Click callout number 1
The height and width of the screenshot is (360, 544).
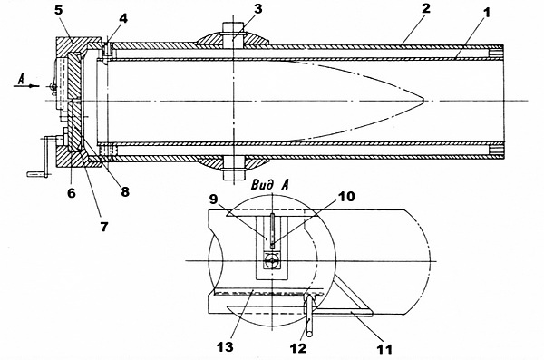click(x=487, y=14)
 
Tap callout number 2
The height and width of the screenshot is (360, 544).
click(x=426, y=8)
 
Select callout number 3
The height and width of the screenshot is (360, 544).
click(x=258, y=9)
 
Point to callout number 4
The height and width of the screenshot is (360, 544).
click(x=122, y=18)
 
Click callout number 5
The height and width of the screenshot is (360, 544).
click(x=58, y=10)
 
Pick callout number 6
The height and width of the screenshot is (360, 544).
click(x=71, y=192)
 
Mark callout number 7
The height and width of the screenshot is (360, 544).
click(x=104, y=227)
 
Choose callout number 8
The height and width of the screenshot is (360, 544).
click(x=124, y=191)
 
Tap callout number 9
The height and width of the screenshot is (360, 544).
click(x=214, y=199)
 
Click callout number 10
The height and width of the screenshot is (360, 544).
click(x=346, y=197)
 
